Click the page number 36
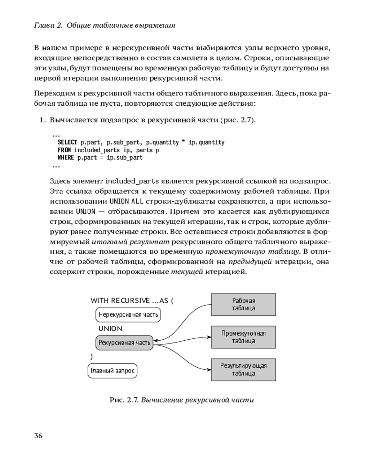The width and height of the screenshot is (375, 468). pyautogui.click(x=38, y=436)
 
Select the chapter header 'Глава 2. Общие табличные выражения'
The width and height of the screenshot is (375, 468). pyautogui.click(x=105, y=26)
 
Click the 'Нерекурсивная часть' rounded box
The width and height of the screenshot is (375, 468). pyautogui.click(x=128, y=315)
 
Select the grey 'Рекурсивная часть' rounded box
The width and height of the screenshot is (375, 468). pyautogui.click(x=124, y=343)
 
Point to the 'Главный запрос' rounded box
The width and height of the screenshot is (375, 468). pyautogui.click(x=112, y=371)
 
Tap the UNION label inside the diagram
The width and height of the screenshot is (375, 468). pyautogui.click(x=110, y=329)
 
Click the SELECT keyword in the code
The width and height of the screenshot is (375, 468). pyautogui.click(x=67, y=142)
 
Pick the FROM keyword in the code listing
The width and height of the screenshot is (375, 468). pyautogui.click(x=64, y=150)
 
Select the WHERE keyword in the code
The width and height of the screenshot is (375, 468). pyautogui.click(x=66, y=158)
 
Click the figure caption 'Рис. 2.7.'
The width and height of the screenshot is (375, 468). pyautogui.click(x=123, y=401)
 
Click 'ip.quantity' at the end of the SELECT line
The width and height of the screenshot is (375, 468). pyautogui.click(x=206, y=142)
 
